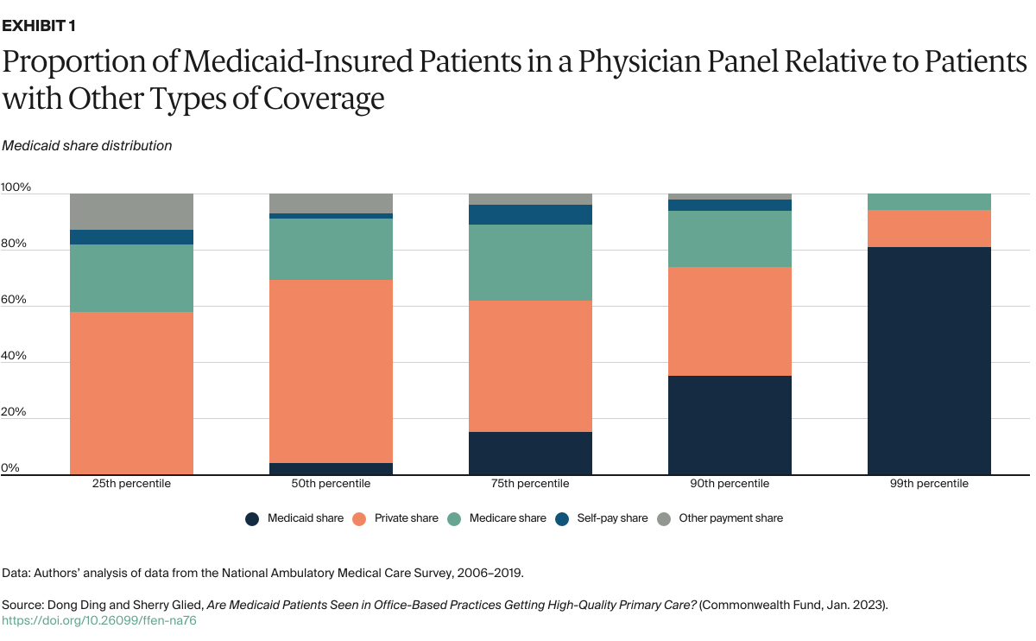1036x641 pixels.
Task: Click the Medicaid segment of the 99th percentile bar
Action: pos(929,361)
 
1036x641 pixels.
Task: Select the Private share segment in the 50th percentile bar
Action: pos(331,371)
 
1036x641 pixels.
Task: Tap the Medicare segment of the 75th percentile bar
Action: pos(530,263)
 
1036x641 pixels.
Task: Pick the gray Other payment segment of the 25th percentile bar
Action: pos(131,212)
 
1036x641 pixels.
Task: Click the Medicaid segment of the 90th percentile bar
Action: pos(730,425)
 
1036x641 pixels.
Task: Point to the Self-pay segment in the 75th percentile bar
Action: pos(530,214)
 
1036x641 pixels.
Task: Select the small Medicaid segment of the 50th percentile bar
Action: pos(331,469)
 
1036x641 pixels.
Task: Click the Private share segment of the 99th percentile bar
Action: pos(929,229)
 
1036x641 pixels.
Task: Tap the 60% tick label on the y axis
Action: pos(16,300)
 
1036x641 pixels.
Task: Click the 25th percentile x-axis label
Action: pos(131,484)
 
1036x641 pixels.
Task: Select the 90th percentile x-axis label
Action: pos(730,484)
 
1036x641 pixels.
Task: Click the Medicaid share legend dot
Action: pos(252,518)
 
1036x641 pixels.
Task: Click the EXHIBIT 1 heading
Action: pos(39,26)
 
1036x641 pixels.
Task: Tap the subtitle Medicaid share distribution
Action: pos(86,146)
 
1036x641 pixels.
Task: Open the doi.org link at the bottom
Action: pos(99,620)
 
